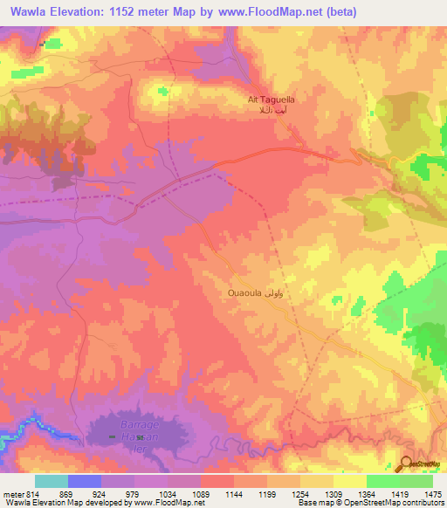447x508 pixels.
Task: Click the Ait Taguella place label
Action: [x=272, y=100]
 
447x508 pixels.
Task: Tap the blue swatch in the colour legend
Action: [x=85, y=481]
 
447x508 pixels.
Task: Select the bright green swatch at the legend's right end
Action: [x=416, y=481]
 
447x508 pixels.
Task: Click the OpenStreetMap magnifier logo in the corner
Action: [x=406, y=463]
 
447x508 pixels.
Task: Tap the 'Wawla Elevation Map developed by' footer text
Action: [x=65, y=503]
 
